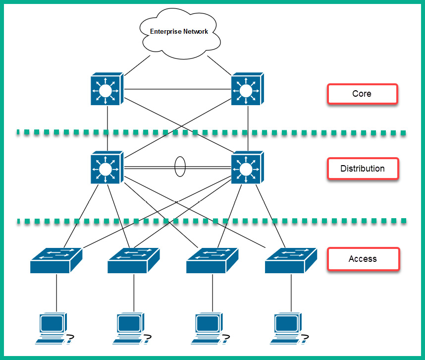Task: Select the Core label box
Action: (x=362, y=94)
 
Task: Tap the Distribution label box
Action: (x=362, y=169)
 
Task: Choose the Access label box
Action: (x=362, y=259)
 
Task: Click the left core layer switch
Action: (x=106, y=90)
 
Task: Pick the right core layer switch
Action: (x=247, y=90)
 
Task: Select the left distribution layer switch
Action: (x=106, y=168)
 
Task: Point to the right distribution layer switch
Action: (x=247, y=168)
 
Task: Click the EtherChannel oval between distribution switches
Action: (x=180, y=167)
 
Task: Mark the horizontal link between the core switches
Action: (x=177, y=89)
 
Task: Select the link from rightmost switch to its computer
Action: (x=289, y=293)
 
